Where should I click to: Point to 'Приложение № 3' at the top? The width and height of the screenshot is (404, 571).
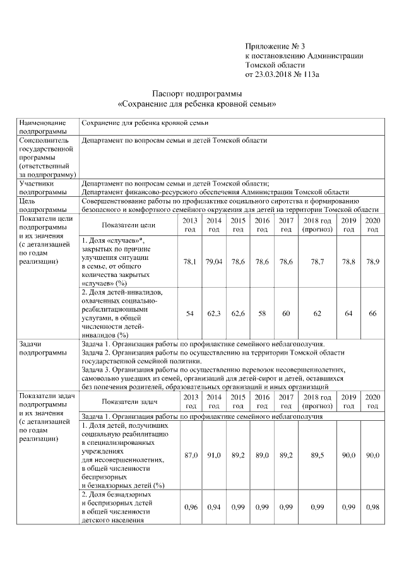[275, 47]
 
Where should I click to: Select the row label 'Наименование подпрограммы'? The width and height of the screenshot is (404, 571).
[42, 126]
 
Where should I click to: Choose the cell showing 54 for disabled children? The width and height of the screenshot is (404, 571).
[190, 313]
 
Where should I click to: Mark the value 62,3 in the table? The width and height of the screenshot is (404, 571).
[214, 313]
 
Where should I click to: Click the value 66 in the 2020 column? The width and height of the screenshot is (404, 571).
[372, 313]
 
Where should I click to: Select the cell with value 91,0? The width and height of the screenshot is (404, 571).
[214, 454]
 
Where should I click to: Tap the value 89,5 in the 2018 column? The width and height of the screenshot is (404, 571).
[318, 454]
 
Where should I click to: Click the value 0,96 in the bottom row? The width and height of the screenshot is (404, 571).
[190, 507]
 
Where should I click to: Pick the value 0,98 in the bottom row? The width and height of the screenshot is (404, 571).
[372, 507]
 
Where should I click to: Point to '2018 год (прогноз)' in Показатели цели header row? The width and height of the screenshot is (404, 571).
[318, 224]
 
